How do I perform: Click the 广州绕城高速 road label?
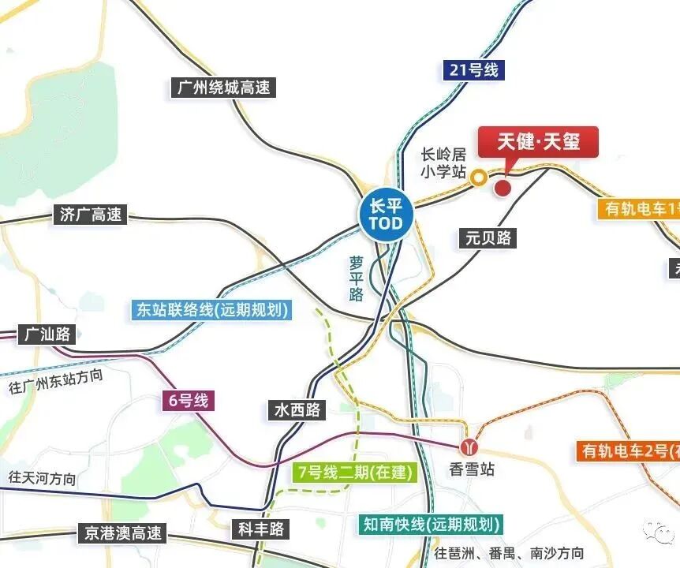tap(222, 87)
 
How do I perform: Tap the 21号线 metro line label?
tap(470, 69)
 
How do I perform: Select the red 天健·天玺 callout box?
tap(539, 142)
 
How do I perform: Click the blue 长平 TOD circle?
tap(386, 214)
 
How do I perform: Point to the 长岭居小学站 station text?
tap(443, 163)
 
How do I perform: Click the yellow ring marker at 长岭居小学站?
tap(479, 179)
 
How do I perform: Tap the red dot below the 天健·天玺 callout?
tap(503, 188)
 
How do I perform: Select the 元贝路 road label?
tap(488, 237)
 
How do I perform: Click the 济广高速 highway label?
tap(92, 214)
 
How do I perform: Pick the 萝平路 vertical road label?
tap(357, 278)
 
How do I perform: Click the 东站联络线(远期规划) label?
tap(212, 309)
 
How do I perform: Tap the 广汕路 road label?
tap(47, 334)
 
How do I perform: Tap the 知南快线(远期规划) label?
tap(430, 524)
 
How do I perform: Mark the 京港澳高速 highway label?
tap(122, 533)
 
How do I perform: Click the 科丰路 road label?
tap(260, 529)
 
